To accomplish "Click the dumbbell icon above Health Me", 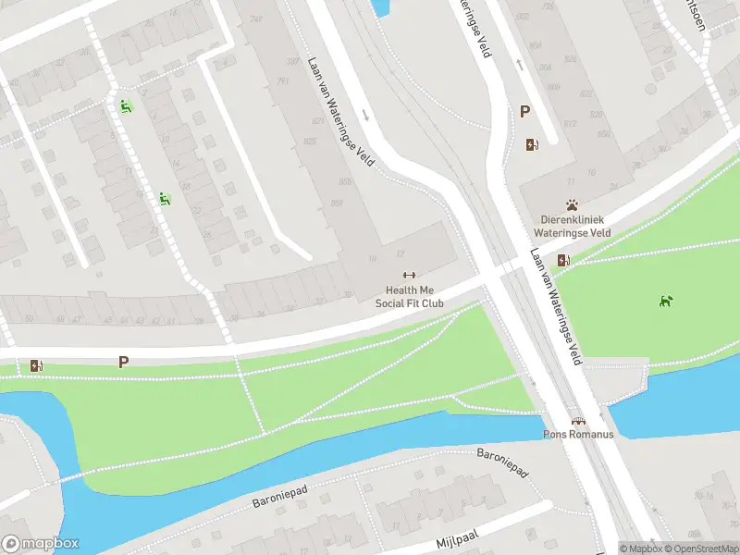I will click(x=409, y=274).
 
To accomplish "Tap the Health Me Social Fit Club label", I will click(x=409, y=296).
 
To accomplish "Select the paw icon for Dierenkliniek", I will click(x=573, y=204).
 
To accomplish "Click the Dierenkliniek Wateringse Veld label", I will click(x=573, y=228).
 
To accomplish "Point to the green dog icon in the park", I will click(x=665, y=300).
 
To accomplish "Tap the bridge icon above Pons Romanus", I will click(x=577, y=421).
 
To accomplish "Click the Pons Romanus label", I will click(x=577, y=435).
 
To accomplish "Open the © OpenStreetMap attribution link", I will click(x=699, y=549).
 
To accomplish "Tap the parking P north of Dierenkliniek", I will click(x=524, y=112).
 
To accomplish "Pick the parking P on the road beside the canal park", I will click(x=123, y=362).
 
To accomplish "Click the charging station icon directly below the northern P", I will click(x=532, y=144).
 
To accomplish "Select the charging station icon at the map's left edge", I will click(x=36, y=365).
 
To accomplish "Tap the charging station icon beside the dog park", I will click(x=563, y=260).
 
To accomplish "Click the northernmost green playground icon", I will click(x=125, y=105).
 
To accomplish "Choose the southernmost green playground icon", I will click(x=164, y=197).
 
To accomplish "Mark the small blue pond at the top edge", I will click(x=379, y=7).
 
